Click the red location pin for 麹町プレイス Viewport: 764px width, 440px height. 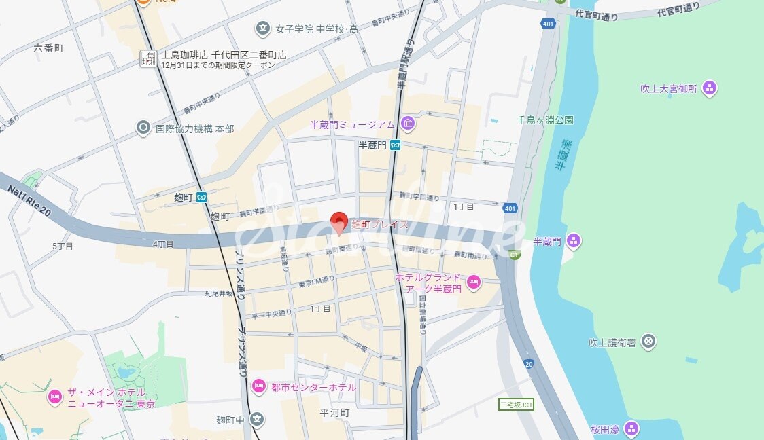(339, 222)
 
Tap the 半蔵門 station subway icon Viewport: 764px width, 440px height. (395, 145)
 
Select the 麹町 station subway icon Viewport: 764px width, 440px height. (201, 197)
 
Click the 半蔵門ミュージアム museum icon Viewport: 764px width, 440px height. (408, 124)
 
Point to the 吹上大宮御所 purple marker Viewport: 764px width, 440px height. (710, 88)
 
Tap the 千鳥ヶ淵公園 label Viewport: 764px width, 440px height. (544, 120)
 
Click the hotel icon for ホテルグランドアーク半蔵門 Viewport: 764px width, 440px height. (474, 282)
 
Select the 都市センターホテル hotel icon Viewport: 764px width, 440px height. (258, 386)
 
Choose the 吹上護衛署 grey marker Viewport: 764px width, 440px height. (648, 341)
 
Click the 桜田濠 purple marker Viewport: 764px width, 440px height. (631, 428)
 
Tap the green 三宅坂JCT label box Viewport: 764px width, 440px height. (516, 404)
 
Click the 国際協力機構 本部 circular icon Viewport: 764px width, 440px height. (143, 127)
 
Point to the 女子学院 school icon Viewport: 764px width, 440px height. (263, 29)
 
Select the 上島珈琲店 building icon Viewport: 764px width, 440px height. (148, 58)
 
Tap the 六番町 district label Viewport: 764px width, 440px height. (48, 48)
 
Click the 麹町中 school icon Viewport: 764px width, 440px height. (256, 418)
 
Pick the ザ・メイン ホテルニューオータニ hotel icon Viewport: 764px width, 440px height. (55, 397)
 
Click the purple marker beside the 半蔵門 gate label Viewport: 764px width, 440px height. (574, 240)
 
